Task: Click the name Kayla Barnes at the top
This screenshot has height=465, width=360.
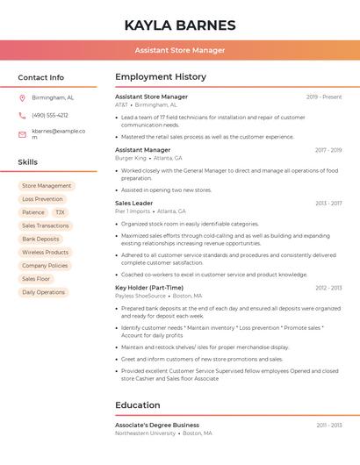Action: [x=180, y=25]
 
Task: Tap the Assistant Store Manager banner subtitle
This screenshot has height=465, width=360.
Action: [x=180, y=50]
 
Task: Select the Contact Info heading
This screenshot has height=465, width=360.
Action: [x=41, y=77]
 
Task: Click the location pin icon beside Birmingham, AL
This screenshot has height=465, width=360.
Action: [x=22, y=98]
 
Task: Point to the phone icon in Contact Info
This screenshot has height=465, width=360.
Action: [x=22, y=115]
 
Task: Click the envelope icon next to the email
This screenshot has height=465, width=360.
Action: [x=22, y=134]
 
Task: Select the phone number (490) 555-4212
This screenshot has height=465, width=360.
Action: [x=50, y=115]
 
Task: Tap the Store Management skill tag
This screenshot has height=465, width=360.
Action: [x=47, y=186]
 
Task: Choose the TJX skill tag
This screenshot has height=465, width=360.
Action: [x=60, y=212]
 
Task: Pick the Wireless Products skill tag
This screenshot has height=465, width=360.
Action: [x=46, y=252]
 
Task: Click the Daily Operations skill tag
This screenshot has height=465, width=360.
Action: [x=44, y=292]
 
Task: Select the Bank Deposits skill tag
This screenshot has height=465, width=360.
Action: [x=41, y=239]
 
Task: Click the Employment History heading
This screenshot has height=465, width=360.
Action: [x=161, y=77]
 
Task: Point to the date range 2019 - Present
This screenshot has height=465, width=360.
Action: [x=324, y=97]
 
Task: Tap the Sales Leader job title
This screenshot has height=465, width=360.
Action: [x=133, y=203]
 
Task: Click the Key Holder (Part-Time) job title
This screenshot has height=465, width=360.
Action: [x=149, y=287]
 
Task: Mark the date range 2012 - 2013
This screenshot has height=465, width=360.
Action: [x=328, y=288]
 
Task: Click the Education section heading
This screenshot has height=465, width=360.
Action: [x=137, y=405]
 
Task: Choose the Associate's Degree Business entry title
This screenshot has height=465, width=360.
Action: [x=157, y=425]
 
